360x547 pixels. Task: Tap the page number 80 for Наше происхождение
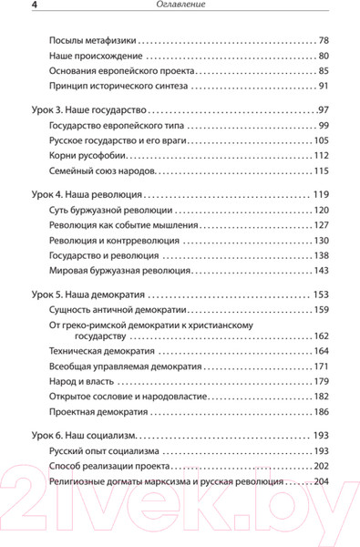tap(323, 57)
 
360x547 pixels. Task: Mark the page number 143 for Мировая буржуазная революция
tap(320, 271)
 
